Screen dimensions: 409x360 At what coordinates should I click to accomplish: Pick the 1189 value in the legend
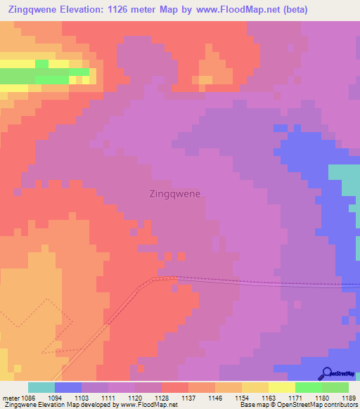[349, 397]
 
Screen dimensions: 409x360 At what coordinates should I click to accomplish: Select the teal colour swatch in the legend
[41, 387]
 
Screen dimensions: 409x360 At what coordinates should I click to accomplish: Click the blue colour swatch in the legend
[68, 387]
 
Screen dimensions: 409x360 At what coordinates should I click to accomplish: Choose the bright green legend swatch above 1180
[308, 387]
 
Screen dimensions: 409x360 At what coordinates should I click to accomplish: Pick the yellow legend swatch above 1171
[281, 387]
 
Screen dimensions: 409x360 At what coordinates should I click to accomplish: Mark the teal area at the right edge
[345, 180]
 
